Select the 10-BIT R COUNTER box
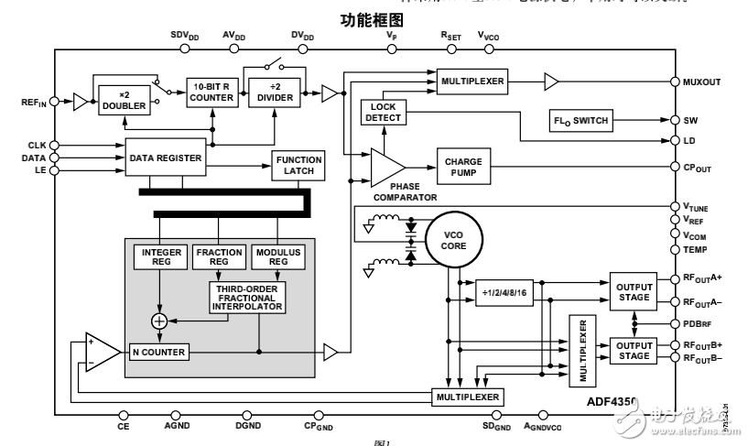[212, 92]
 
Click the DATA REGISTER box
[165, 158]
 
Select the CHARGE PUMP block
[464, 167]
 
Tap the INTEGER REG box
[162, 257]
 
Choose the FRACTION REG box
[219, 257]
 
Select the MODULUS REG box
[277, 257]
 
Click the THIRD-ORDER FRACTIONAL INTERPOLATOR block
[247, 296]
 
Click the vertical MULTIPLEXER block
[580, 351]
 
